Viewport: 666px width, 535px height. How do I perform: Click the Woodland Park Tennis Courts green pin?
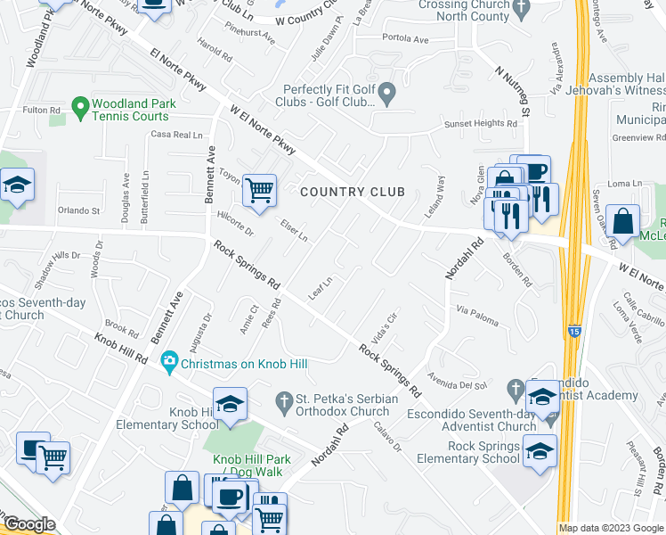(79, 108)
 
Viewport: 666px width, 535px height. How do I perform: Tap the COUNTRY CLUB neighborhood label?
(353, 192)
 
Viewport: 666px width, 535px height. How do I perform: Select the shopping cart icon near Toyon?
(259, 189)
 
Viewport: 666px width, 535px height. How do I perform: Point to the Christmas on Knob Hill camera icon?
(169, 362)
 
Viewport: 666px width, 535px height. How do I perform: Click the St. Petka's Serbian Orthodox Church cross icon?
(284, 403)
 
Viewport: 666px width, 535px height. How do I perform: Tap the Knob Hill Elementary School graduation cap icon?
(230, 404)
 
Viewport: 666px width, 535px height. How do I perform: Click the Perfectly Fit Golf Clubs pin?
(387, 93)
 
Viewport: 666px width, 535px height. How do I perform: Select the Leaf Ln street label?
(320, 287)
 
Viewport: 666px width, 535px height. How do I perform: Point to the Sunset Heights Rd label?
(481, 124)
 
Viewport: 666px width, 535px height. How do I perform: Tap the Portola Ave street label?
(405, 39)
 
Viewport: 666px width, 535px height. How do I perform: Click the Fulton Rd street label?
(42, 110)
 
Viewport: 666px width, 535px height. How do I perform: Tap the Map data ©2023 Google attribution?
(611, 528)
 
